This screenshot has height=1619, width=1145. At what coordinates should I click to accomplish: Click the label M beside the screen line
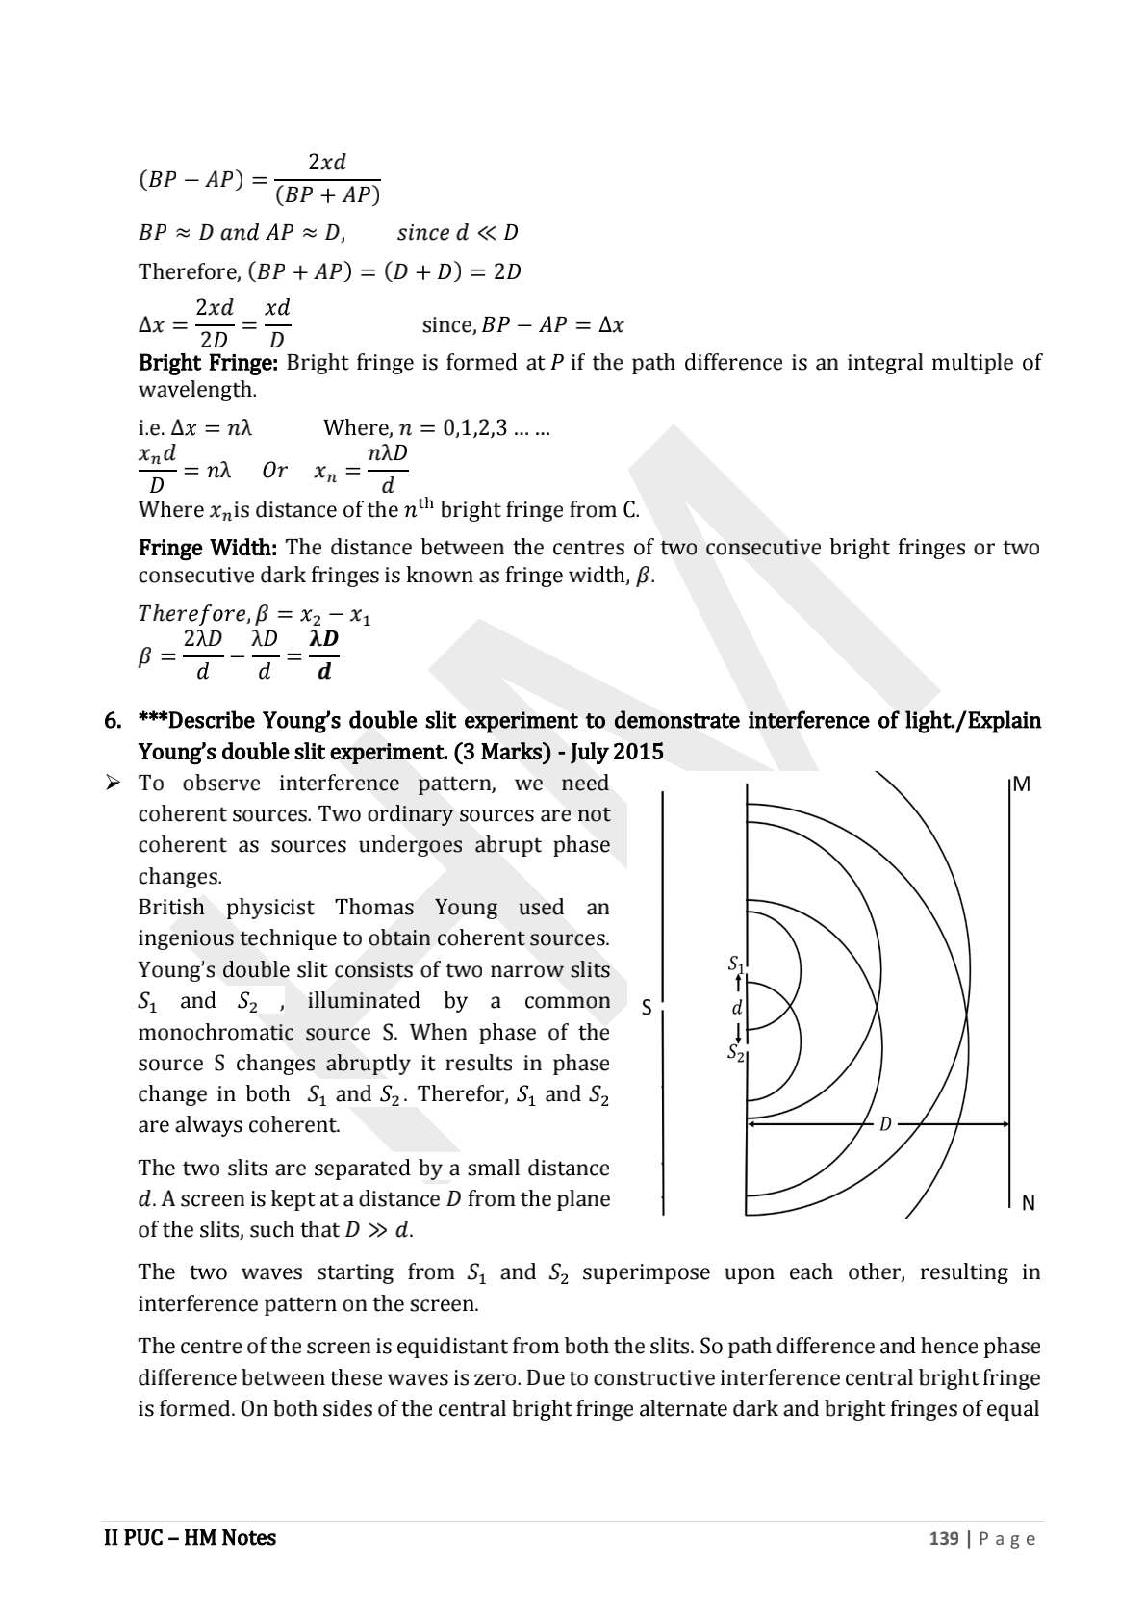point(1022,784)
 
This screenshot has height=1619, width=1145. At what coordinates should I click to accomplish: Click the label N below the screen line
point(1028,1203)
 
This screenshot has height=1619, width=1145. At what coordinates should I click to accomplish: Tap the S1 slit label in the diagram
point(735,963)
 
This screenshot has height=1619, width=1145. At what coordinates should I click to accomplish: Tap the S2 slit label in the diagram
point(735,1052)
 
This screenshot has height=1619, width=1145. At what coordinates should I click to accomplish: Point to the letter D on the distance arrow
point(885,1123)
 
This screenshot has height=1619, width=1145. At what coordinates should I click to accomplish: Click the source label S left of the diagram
point(647,1008)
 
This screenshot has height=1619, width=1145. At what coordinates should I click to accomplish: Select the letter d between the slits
point(737,1008)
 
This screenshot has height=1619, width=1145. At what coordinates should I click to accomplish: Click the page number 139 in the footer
point(943,1538)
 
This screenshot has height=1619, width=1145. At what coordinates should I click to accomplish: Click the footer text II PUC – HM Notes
point(190,1538)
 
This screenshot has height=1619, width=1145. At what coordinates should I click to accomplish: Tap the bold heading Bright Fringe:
point(208,363)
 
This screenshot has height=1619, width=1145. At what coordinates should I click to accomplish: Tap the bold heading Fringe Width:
point(208,548)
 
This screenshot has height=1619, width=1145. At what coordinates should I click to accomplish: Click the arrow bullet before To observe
point(113,784)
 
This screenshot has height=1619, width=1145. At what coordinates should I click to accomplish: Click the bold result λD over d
point(324,655)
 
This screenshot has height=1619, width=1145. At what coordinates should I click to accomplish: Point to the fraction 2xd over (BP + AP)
point(327,179)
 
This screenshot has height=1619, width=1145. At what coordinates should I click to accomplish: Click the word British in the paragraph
point(171,908)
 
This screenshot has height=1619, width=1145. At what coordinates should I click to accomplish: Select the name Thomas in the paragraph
point(374,908)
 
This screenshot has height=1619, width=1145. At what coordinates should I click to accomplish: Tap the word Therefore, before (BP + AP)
point(190,272)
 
